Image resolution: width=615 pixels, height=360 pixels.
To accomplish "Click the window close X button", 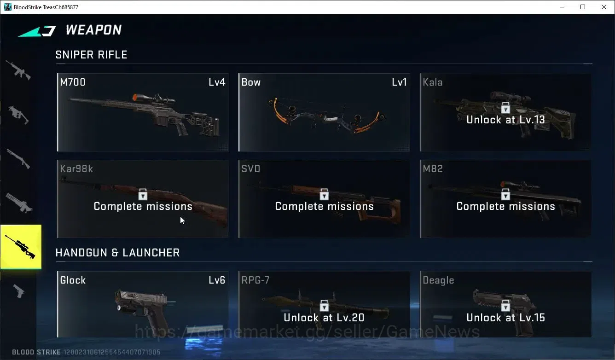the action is tap(604, 7).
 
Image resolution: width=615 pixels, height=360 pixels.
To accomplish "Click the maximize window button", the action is tap(583, 7).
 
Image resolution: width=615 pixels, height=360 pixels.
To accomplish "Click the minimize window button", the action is tap(562, 7).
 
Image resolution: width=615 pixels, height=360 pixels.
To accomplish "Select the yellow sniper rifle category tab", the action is tap(21, 247).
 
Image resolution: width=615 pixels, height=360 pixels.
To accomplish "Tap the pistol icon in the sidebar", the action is tap(19, 291).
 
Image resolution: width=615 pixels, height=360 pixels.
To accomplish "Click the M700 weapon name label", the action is tap(73, 82).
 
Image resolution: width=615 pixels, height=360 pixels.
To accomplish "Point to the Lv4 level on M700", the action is tap(217, 82).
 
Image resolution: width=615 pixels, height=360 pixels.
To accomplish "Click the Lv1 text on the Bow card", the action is tap(399, 82).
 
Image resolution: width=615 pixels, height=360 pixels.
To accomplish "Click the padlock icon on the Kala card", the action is tap(505, 108).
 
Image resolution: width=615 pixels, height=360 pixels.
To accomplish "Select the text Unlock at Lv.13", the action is tap(506, 120).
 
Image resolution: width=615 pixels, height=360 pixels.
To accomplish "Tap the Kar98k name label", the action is tap(76, 168).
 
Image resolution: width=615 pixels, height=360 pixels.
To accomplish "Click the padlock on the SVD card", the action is tap(324, 194).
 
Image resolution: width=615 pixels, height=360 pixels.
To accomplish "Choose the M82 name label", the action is tap(433, 168).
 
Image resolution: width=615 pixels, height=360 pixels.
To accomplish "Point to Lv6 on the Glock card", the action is tap(217, 280).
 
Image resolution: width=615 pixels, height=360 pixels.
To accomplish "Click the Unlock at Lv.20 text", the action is tap(324, 318).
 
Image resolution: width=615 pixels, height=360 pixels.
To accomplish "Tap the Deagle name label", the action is tap(438, 280).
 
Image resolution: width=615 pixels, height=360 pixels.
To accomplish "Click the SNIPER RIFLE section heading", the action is tap(92, 55).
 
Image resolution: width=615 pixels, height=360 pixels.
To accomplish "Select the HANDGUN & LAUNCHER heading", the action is tap(117, 253).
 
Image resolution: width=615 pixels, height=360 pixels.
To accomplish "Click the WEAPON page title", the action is tap(93, 30).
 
